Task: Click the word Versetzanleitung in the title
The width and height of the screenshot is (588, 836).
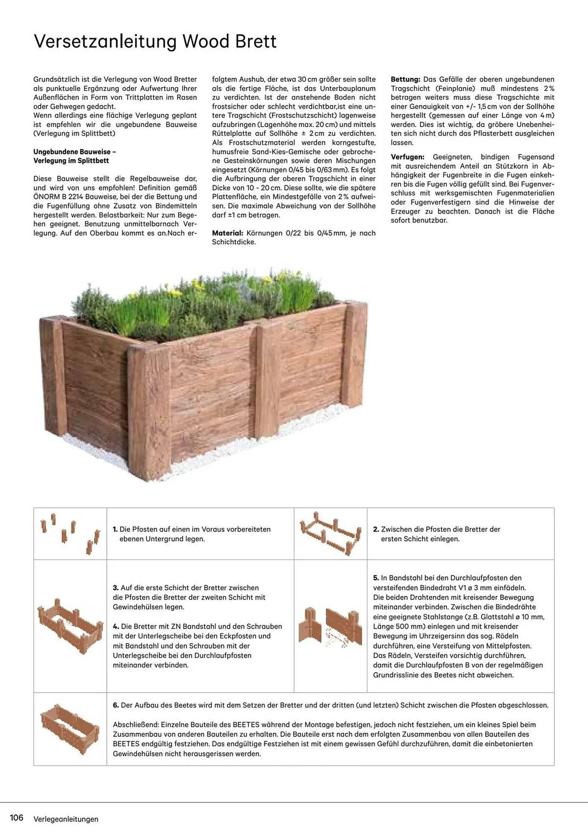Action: pyautogui.click(x=105, y=42)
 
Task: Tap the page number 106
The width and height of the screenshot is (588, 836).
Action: pyautogui.click(x=16, y=818)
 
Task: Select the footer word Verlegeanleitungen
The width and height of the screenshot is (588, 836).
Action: pyautogui.click(x=66, y=819)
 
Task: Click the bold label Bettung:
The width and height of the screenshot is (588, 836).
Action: pyautogui.click(x=405, y=79)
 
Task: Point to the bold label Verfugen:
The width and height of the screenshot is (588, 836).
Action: pyautogui.click(x=407, y=157)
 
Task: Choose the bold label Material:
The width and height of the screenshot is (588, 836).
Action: pyautogui.click(x=227, y=233)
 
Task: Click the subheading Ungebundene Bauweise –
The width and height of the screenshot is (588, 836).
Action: pyautogui.click(x=74, y=152)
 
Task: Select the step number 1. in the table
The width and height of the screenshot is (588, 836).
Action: pyautogui.click(x=115, y=529)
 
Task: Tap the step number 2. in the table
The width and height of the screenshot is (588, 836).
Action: pyautogui.click(x=376, y=529)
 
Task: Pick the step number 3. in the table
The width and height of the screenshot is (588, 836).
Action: pyautogui.click(x=116, y=588)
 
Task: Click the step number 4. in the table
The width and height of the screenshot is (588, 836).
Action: pyautogui.click(x=116, y=626)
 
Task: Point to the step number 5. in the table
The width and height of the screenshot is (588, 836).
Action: pyautogui.click(x=376, y=578)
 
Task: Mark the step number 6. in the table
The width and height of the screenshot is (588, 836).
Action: pyautogui.click(x=116, y=705)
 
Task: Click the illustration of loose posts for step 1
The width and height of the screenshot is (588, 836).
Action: pyautogui.click(x=70, y=533)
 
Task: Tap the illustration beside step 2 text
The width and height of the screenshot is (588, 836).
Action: pyautogui.click(x=330, y=533)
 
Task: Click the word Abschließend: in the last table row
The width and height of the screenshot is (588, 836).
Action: pyautogui.click(x=135, y=724)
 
